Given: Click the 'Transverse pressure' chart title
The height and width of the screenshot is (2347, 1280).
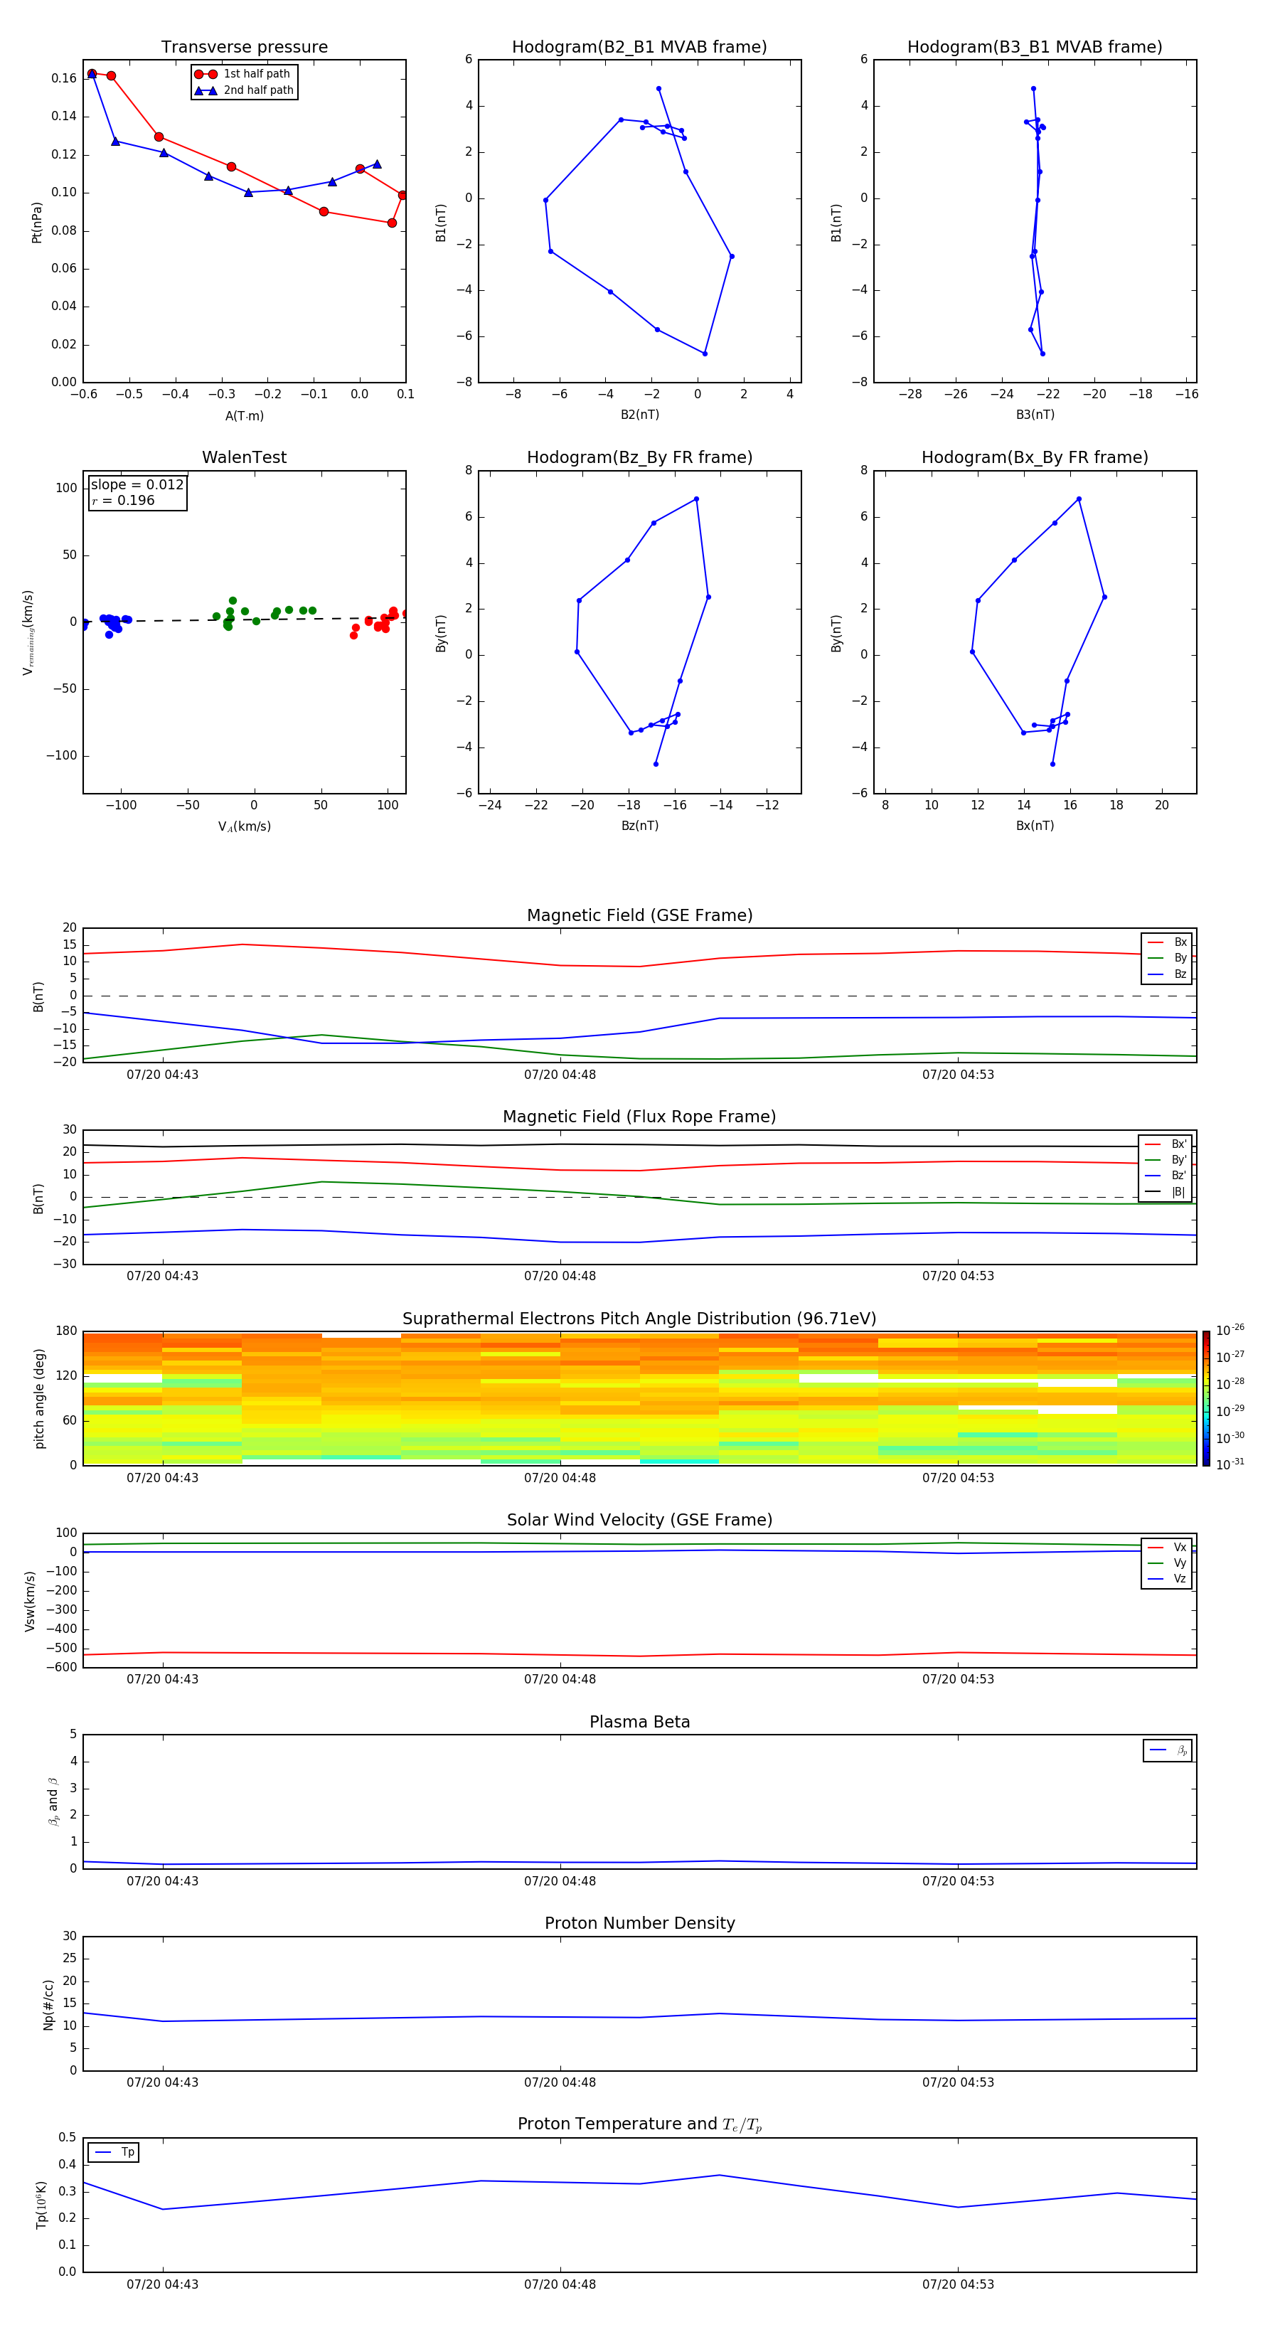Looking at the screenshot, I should pyautogui.click(x=244, y=48).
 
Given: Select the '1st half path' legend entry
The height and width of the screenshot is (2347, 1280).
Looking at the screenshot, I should pyautogui.click(x=256, y=74).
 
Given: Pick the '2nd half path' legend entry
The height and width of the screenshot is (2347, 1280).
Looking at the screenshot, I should pyautogui.click(x=258, y=90).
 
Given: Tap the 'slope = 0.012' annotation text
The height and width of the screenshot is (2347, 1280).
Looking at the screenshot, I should pyautogui.click(x=137, y=485).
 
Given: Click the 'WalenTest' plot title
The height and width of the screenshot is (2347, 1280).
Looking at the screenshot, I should pyautogui.click(x=244, y=457).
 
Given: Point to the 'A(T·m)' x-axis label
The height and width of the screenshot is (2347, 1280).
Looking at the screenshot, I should pyautogui.click(x=244, y=415).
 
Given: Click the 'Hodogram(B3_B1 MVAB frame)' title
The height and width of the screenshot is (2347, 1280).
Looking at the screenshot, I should pyautogui.click(x=1034, y=48).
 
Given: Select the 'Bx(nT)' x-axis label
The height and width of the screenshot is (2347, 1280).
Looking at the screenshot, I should pyautogui.click(x=1034, y=826).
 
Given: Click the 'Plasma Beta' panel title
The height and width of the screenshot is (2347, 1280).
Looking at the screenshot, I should pyautogui.click(x=639, y=1722).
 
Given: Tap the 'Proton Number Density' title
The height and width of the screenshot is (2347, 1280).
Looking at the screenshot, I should pyautogui.click(x=639, y=1923).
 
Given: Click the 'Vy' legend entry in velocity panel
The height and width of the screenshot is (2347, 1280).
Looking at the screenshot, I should pyautogui.click(x=1179, y=1563).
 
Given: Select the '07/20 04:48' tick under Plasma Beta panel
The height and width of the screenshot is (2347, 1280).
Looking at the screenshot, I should pyautogui.click(x=560, y=1880).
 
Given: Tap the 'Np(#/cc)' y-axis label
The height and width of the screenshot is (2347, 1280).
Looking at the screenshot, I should pyautogui.click(x=48, y=2004).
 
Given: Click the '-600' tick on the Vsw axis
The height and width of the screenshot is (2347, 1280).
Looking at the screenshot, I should pyautogui.click(x=65, y=1667).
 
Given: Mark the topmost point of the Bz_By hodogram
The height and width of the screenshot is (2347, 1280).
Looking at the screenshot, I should pyautogui.click(x=696, y=499).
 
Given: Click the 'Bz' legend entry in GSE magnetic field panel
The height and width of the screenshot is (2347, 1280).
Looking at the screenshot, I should pyautogui.click(x=1180, y=974).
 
